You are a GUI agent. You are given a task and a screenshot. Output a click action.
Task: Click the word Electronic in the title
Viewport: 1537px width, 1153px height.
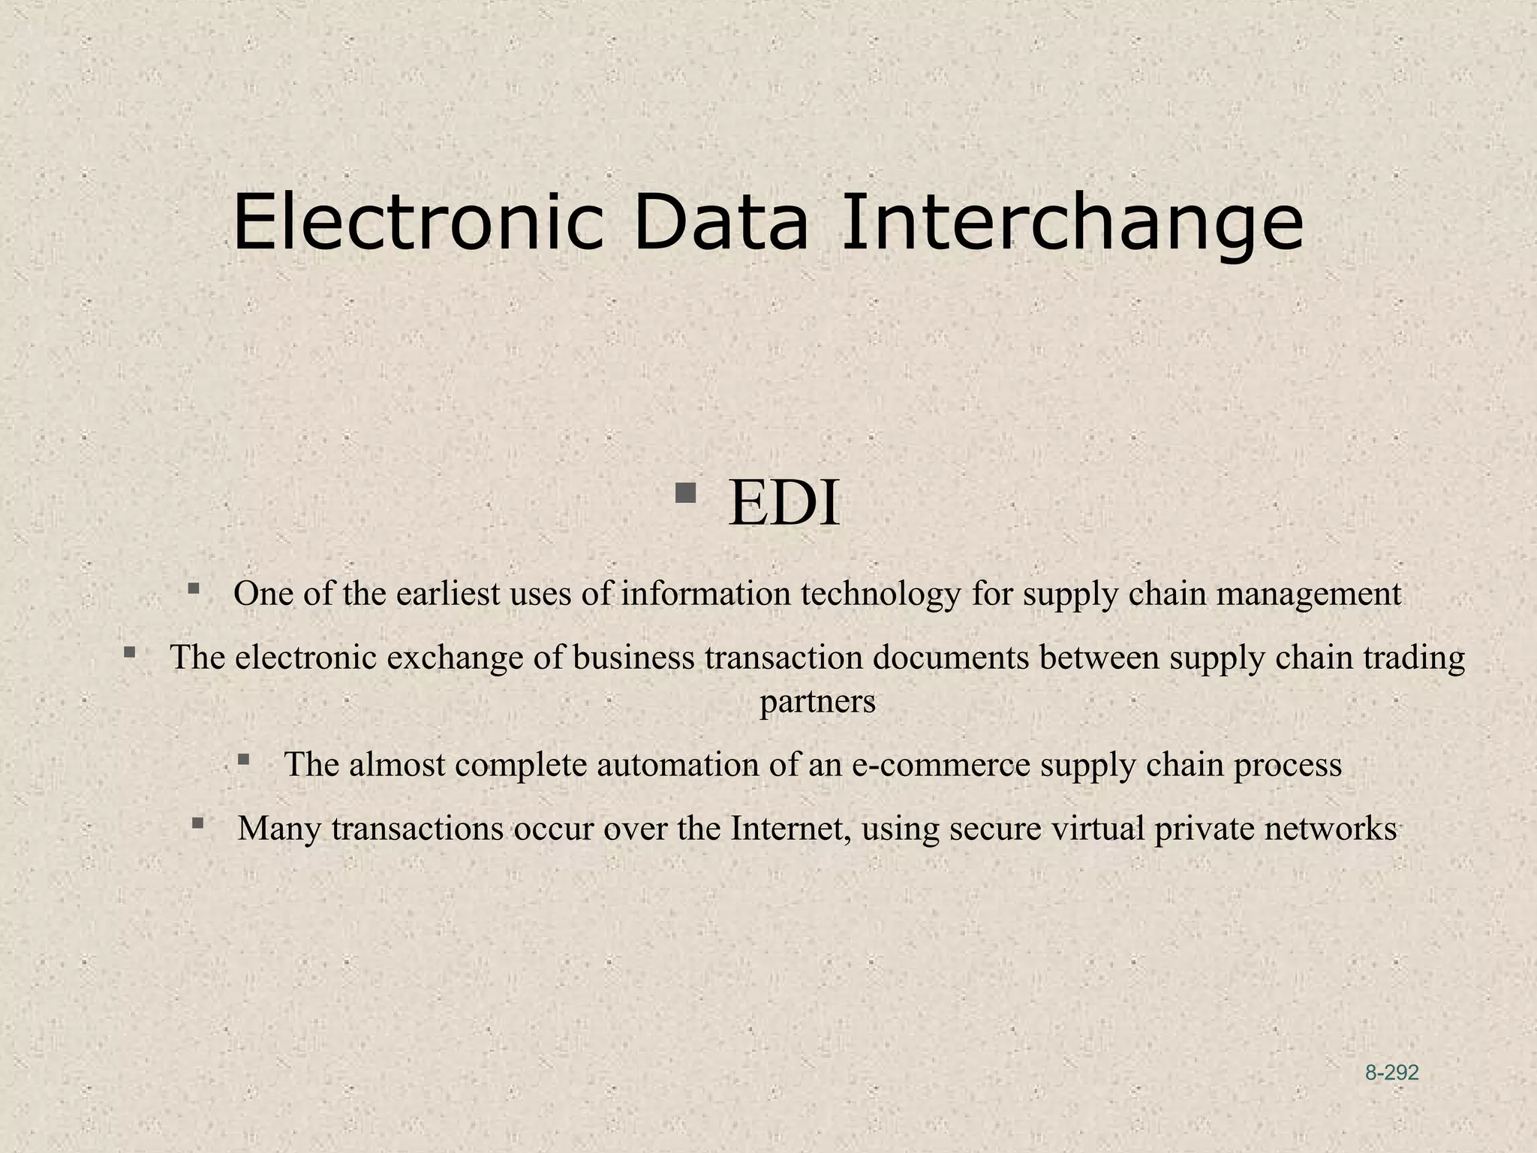coord(418,223)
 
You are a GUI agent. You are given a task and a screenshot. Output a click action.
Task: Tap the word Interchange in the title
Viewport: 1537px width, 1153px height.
coord(1072,223)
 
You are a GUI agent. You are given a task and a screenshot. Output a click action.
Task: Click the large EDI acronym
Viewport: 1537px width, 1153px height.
coord(783,503)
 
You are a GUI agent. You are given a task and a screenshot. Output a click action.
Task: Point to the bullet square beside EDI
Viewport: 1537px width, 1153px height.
coord(684,494)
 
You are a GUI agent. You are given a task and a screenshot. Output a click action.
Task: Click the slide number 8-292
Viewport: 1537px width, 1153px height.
coord(1391,1073)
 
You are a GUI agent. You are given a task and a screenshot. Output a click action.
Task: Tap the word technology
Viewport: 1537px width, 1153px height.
coord(880,594)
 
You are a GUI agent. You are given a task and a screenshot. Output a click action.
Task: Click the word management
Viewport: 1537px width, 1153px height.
coord(1308,594)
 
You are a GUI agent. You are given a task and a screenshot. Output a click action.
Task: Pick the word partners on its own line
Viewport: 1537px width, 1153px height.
coord(817,702)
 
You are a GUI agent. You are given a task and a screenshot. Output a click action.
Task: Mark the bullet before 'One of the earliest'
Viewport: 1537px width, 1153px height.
coord(194,589)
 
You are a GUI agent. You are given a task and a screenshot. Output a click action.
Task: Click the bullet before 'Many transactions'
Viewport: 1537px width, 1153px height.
coord(197,823)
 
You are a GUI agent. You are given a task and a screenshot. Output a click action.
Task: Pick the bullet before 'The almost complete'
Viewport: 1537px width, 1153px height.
coord(243,760)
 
